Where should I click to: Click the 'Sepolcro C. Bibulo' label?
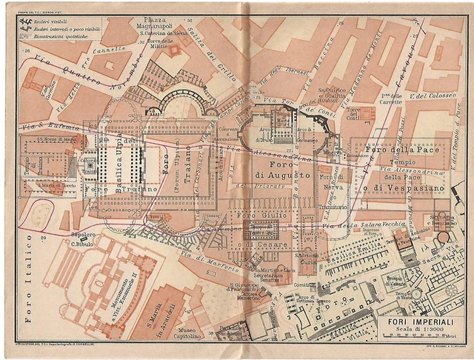click(80, 241)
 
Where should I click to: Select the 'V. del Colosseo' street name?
click(425, 96)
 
